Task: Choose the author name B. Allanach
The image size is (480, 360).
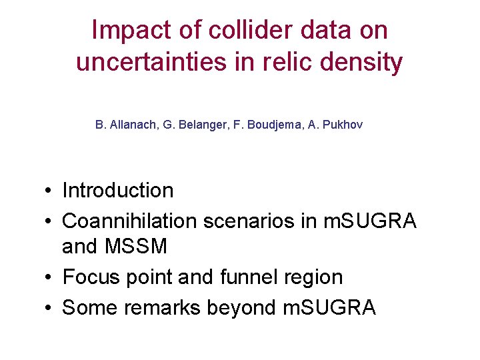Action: pos(125,125)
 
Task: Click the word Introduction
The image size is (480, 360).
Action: pos(117,191)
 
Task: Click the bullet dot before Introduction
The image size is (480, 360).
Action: pos(50,191)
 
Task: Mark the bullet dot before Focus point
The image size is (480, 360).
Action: pos(50,277)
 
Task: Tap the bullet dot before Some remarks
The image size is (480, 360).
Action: pos(50,308)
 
